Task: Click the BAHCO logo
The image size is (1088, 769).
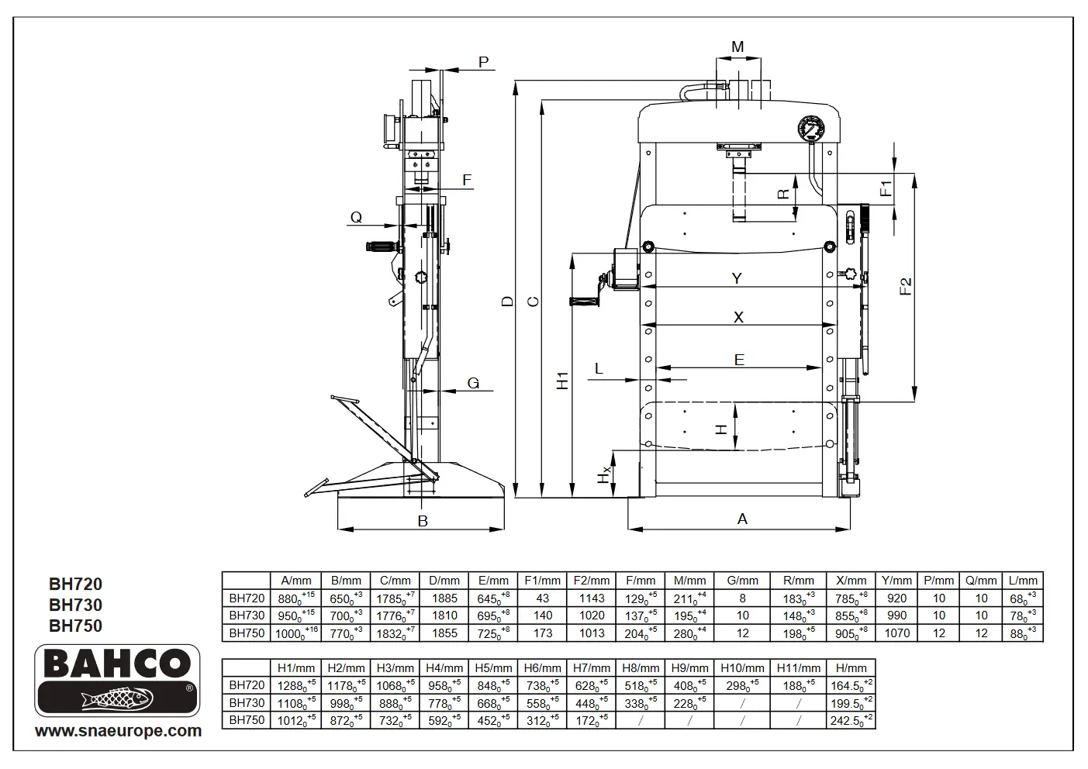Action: pyautogui.click(x=117, y=680)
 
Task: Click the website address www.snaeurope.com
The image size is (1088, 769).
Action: pyautogui.click(x=118, y=731)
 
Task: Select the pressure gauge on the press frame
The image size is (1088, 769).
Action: pyautogui.click(x=811, y=129)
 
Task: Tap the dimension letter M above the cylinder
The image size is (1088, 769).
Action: pyautogui.click(x=737, y=47)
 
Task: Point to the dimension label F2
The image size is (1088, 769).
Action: pyautogui.click(x=906, y=286)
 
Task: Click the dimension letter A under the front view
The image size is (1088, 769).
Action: pyautogui.click(x=742, y=519)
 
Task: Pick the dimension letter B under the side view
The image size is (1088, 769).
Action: pyautogui.click(x=423, y=521)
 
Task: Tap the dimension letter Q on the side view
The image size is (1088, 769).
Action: pyautogui.click(x=356, y=217)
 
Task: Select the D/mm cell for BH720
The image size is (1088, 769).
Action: pyautogui.click(x=444, y=598)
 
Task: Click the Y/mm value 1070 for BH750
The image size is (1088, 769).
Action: pyautogui.click(x=896, y=633)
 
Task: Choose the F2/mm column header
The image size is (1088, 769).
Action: pyautogui.click(x=592, y=581)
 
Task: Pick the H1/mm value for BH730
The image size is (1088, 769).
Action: pyautogui.click(x=296, y=702)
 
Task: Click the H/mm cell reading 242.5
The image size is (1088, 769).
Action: pyautogui.click(x=851, y=720)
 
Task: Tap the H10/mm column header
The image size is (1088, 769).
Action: pyautogui.click(x=742, y=668)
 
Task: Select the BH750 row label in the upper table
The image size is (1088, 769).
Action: pyautogui.click(x=247, y=633)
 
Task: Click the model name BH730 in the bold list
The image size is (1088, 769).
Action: pyautogui.click(x=76, y=605)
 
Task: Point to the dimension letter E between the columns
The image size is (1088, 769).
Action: pyautogui.click(x=739, y=360)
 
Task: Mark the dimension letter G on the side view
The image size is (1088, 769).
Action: pyautogui.click(x=473, y=383)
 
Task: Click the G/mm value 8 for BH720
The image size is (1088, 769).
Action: pyautogui.click(x=742, y=598)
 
